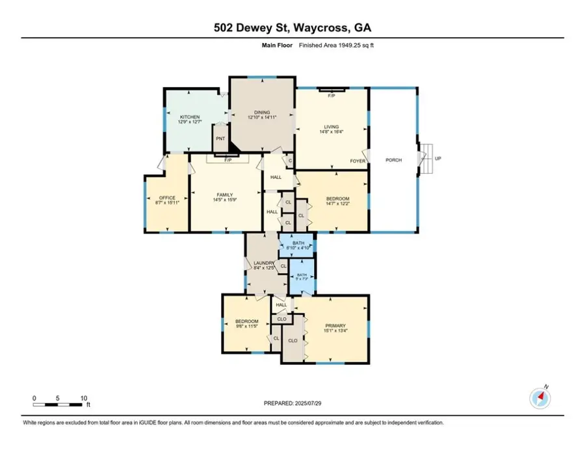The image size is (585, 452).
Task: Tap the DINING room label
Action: tap(262, 112)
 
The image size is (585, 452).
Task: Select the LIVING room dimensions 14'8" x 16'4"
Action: tap(332, 132)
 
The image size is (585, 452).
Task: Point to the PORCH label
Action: tap(393, 160)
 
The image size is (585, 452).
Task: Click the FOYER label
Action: tap(357, 160)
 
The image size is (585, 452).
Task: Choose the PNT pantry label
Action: tap(220, 139)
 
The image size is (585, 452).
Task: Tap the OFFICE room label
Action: tap(167, 198)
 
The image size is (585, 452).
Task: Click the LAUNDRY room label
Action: tap(264, 263)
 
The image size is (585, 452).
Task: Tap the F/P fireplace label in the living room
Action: tap(331, 96)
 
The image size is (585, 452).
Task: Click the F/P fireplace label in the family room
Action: tap(227, 159)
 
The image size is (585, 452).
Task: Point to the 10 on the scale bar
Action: tap(84, 397)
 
